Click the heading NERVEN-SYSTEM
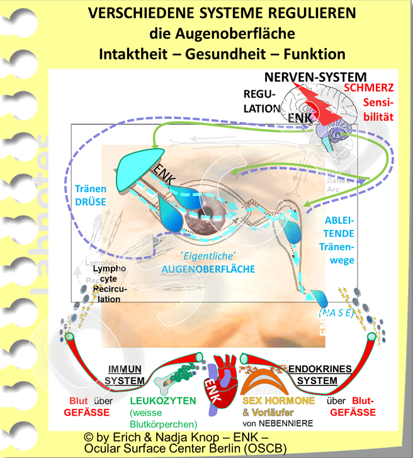[315, 77]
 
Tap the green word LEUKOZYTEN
[162, 401]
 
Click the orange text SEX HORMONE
[278, 401]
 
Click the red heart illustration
[220, 378]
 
